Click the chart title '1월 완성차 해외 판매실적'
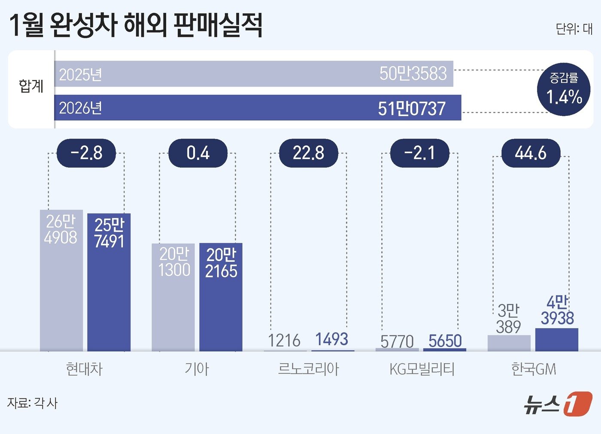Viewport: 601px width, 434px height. click(135, 25)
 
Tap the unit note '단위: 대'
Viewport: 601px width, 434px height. click(574, 29)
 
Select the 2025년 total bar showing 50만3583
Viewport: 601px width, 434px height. click(253, 74)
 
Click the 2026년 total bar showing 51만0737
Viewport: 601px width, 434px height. click(258, 108)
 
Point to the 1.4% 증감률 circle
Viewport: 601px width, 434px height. click(564, 89)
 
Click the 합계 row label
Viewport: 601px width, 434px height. click(31, 86)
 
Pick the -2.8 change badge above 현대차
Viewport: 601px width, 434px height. click(86, 153)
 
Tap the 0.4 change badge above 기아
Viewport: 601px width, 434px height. click(197, 153)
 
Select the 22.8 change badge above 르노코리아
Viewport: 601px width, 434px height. click(308, 153)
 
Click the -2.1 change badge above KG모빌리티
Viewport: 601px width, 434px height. click(419, 153)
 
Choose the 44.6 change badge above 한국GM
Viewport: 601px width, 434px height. click(531, 153)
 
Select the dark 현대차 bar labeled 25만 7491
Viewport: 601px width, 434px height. click(109, 283)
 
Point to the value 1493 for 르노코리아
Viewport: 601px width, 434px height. click(331, 339)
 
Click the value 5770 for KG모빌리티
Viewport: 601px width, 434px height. click(397, 342)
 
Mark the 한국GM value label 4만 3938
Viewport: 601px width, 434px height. click(557, 311)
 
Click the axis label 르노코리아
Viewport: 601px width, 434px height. click(308, 369)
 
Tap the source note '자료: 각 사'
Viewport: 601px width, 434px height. click(32, 403)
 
